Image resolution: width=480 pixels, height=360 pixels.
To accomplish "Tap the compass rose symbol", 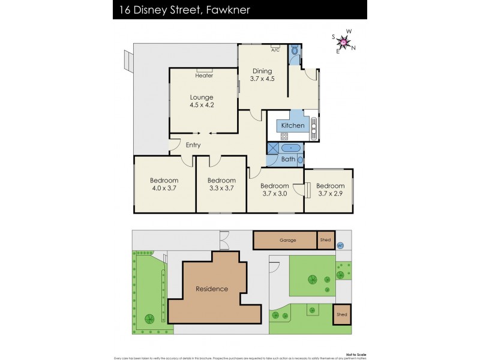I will pos(344,41).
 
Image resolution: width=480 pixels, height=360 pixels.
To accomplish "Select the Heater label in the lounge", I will pos(204,76).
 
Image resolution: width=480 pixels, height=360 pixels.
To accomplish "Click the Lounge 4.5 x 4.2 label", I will pos(202,101).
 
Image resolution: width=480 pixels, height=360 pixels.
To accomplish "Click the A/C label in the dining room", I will pos(275,50).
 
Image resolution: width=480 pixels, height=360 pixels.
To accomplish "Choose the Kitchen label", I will pos(293,125).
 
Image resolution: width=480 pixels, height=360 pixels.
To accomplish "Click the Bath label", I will pos(289,159).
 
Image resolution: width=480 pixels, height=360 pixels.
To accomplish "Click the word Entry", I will pos(193,145).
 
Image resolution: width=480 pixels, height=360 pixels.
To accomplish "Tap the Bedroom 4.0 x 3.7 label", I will pos(164,184).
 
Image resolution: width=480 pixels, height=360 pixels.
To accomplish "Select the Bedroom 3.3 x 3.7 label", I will pos(221,184).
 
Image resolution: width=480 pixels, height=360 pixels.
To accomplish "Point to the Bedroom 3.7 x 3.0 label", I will pos(275,189).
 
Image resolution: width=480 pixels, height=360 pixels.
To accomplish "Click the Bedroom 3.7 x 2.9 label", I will pos(331,189).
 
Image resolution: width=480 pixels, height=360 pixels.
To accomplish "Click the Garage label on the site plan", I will pos(288,240).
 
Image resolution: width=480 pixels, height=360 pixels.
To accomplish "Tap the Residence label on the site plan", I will pos(212,289).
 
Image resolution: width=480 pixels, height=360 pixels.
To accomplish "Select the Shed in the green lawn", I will pos(341,314).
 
